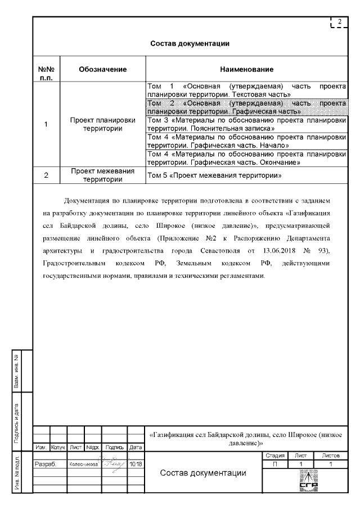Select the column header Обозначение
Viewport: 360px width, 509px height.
pyautogui.click(x=102, y=69)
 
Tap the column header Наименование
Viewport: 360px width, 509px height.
pyautogui.click(x=246, y=69)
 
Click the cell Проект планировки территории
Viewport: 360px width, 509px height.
pyautogui.click(x=102, y=124)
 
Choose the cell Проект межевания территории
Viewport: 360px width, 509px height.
pyautogui.click(x=102, y=175)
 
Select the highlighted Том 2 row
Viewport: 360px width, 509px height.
pyautogui.click(x=246, y=107)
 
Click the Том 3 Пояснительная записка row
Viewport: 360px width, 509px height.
pyautogui.click(x=246, y=124)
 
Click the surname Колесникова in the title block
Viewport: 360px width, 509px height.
pyautogui.click(x=85, y=465)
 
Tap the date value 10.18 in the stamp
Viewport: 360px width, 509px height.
pyautogui.click(x=135, y=465)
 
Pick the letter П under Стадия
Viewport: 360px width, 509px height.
pyautogui.click(x=275, y=464)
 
